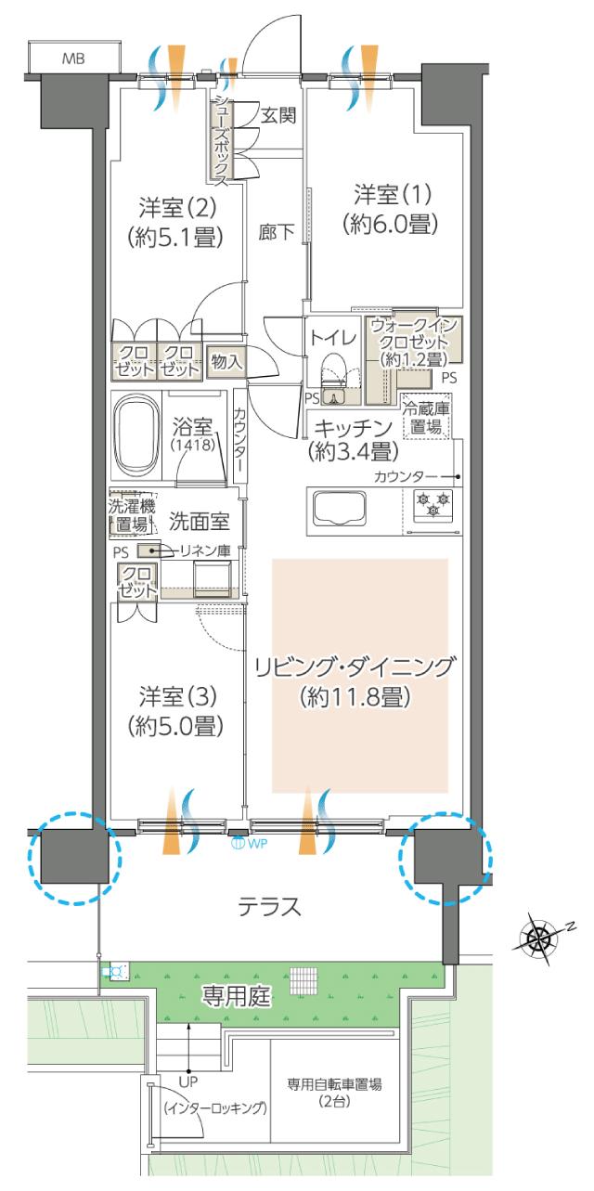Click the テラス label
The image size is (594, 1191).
(x=269, y=907)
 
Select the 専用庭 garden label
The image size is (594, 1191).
(x=237, y=998)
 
